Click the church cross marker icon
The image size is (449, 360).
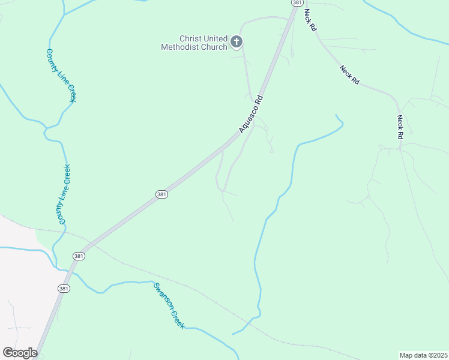[237, 41]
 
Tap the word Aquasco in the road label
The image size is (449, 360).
[248, 120]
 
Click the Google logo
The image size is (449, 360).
[20, 353]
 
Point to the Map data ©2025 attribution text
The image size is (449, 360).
[423, 355]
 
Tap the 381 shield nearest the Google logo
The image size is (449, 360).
[64, 289]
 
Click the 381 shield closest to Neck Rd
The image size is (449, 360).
[297, 3]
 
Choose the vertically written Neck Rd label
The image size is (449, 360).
[400, 127]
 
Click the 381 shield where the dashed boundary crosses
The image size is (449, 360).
[79, 256]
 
